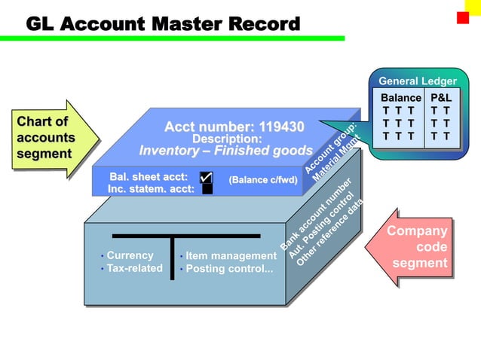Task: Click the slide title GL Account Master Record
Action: pyautogui.click(x=163, y=24)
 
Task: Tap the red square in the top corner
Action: pyautogui.click(x=462, y=17)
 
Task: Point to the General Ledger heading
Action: pyautogui.click(x=417, y=81)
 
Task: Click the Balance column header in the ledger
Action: pyautogui.click(x=400, y=98)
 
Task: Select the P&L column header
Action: pyautogui.click(x=440, y=98)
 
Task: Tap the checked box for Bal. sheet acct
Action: pyautogui.click(x=206, y=178)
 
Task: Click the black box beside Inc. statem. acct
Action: pyautogui.click(x=207, y=189)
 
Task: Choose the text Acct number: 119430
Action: pyautogui.click(x=234, y=126)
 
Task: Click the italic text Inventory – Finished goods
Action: pyautogui.click(x=225, y=150)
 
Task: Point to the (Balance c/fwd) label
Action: pyautogui.click(x=263, y=180)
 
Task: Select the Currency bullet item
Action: pyautogui.click(x=129, y=255)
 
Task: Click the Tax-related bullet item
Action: pyautogui.click(x=133, y=268)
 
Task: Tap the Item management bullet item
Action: pyautogui.click(x=231, y=256)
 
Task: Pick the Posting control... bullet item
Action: pyautogui.click(x=228, y=269)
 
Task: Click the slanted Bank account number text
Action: pyautogui.click(x=316, y=215)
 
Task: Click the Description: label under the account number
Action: pyautogui.click(x=227, y=139)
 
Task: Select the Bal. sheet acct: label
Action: pyautogui.click(x=149, y=177)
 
